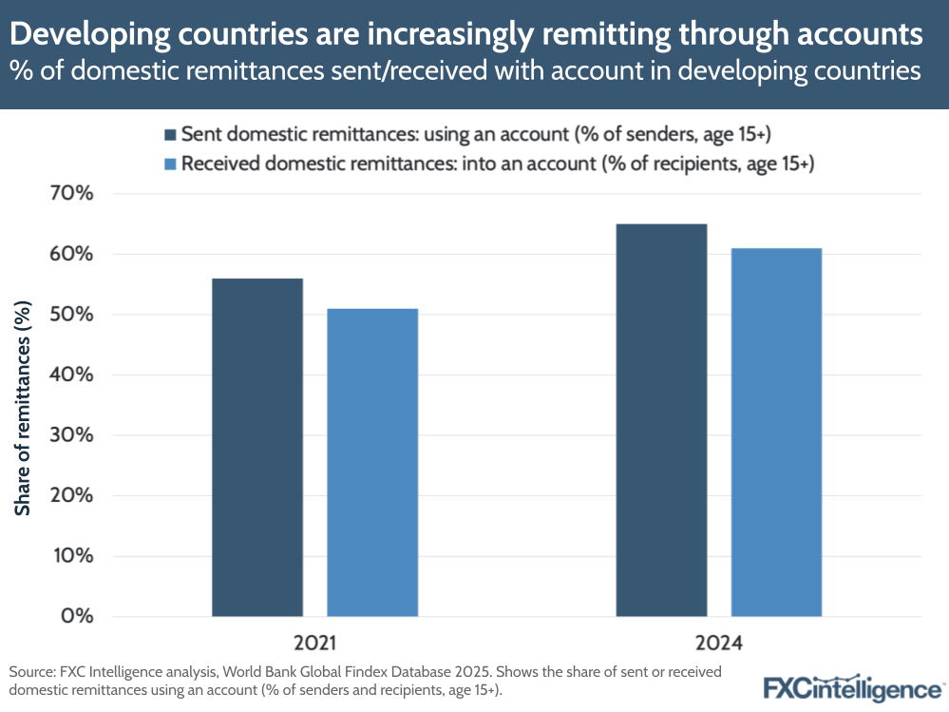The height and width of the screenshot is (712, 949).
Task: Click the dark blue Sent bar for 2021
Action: click(257, 447)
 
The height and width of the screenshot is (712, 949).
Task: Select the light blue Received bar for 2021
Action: click(372, 462)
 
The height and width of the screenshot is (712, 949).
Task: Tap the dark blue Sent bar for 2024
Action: click(661, 419)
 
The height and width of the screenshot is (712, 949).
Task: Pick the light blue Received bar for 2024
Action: click(776, 432)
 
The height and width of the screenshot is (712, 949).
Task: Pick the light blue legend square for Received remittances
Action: click(170, 164)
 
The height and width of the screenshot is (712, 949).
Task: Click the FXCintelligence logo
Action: click(851, 686)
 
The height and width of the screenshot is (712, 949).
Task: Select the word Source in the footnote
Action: click(31, 672)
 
